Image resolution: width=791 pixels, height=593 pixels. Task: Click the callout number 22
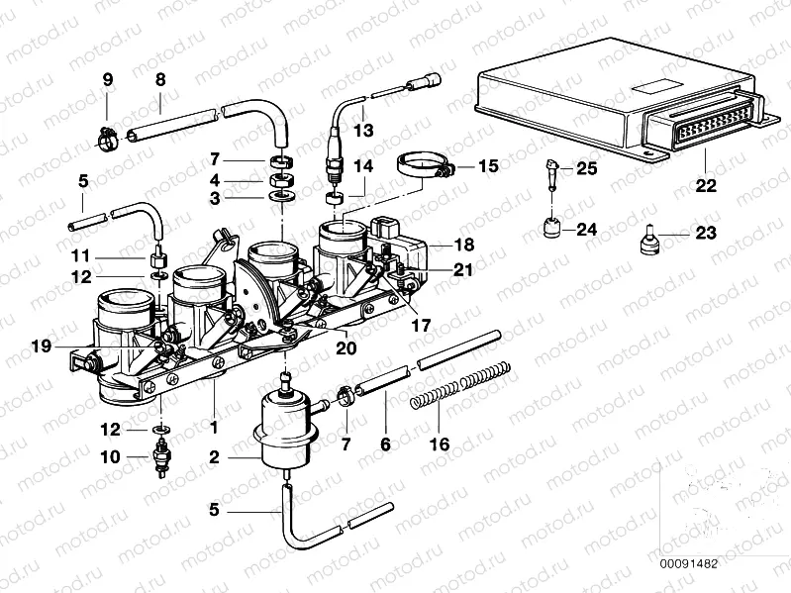[704, 184]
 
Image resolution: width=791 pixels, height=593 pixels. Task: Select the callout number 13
[364, 130]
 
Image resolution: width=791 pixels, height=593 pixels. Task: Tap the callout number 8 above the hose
[159, 78]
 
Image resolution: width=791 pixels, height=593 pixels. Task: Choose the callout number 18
[463, 244]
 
